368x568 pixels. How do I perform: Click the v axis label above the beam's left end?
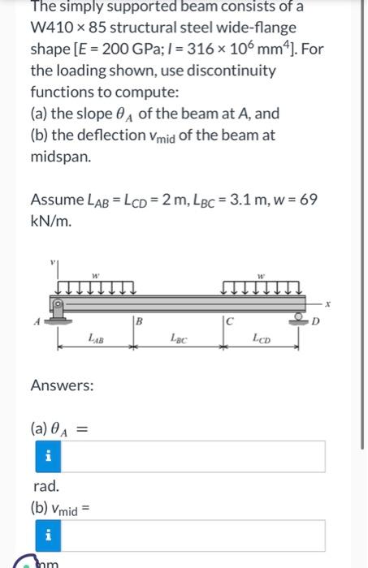54,262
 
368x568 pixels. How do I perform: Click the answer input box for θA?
195,457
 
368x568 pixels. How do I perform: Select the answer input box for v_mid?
195,536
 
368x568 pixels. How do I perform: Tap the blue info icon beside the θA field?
48,457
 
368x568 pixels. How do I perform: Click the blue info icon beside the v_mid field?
48,536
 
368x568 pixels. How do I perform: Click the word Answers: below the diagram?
62,385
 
